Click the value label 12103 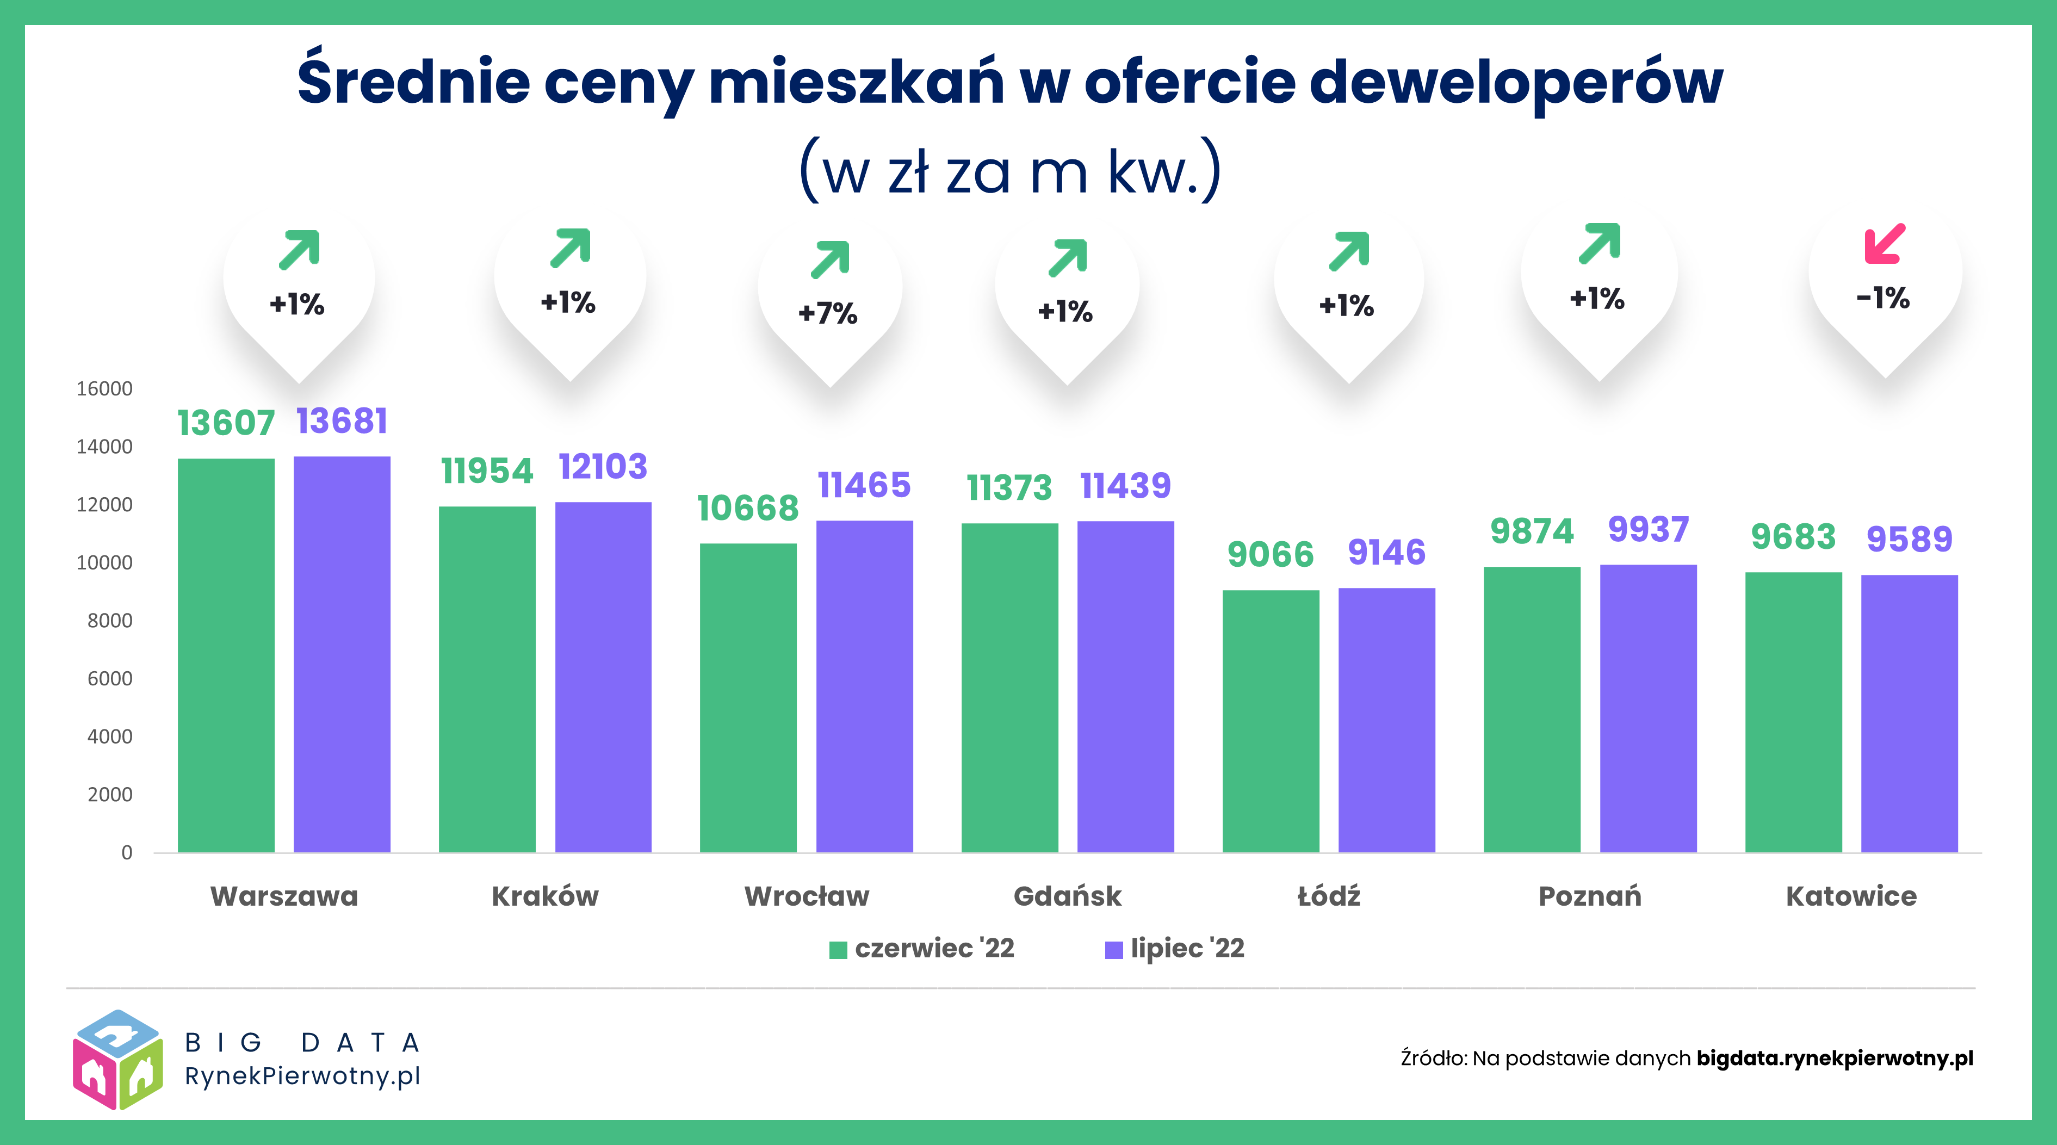pos(603,467)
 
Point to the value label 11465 pos(864,485)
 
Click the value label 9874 pos(1532,531)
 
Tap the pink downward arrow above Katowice pos(1885,244)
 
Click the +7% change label pos(828,313)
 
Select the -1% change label pos(1883,298)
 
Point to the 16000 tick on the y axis pos(104,389)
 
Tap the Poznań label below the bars pos(1590,896)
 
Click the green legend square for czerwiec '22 pos(838,949)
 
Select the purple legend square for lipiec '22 pos(1113,949)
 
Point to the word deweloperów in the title pos(1516,82)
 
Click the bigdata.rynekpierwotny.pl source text pos(1834,1058)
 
